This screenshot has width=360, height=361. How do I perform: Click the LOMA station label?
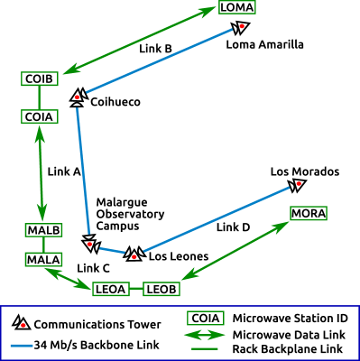coord(237,7)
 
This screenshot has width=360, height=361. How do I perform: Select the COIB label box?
coord(40,79)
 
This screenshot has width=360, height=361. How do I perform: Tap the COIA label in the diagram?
coord(40,116)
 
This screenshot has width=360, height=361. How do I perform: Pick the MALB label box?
coord(43,230)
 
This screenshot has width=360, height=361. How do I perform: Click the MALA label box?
coord(43,260)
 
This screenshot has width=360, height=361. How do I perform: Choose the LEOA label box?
coord(110,289)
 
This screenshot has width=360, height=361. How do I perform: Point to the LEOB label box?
coord(162,289)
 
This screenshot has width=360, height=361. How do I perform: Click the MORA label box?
coord(309,214)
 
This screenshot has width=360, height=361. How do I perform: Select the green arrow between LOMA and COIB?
coord(140,42)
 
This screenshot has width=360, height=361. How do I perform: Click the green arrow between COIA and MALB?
coord(41,173)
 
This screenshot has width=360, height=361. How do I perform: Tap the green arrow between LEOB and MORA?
coord(235,251)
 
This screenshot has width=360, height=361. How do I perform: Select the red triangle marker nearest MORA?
coord(298,185)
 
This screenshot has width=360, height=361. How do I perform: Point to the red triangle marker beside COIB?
coord(78,95)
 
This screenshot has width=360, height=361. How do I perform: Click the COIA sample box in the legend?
coord(206,318)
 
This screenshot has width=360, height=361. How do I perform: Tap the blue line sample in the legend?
coord(22,346)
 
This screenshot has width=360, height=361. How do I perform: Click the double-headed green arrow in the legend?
coord(205,335)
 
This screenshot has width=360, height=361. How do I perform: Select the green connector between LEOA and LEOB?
coord(135,289)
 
